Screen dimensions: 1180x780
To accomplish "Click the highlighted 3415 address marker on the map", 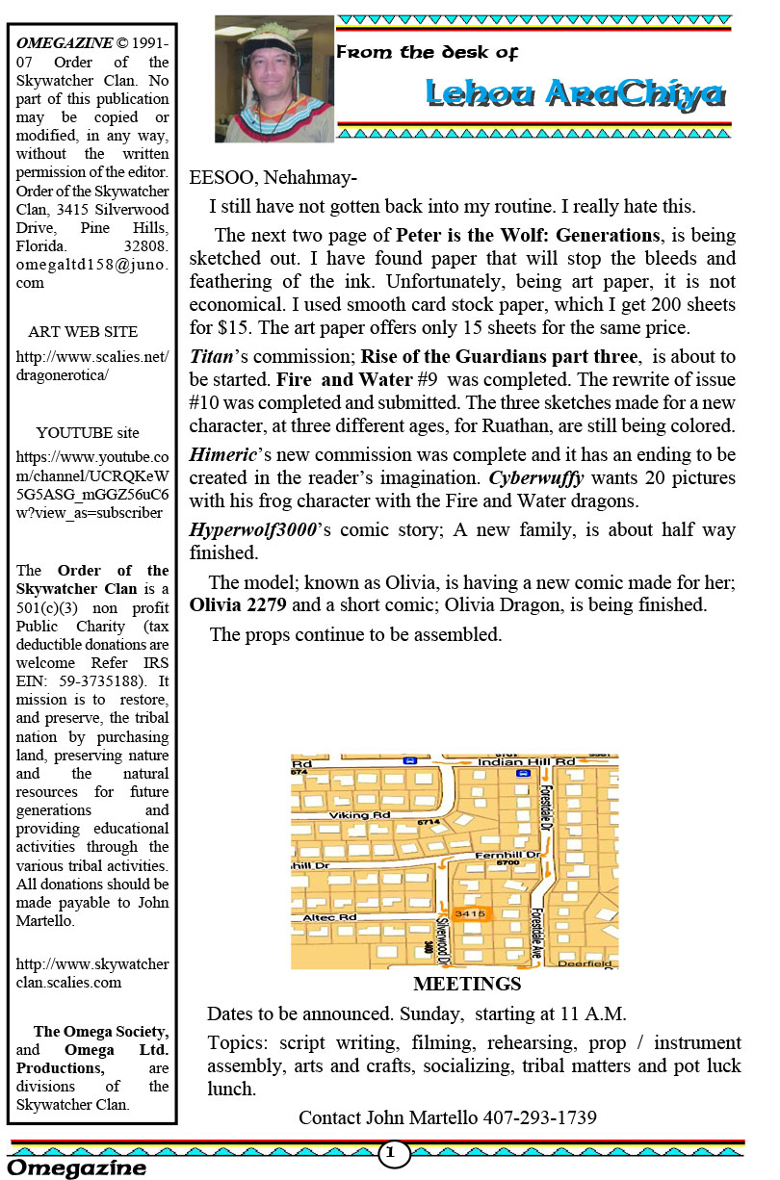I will (x=470, y=913).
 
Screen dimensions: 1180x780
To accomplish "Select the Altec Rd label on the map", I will (x=329, y=918).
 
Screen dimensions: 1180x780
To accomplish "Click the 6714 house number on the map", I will (x=429, y=822).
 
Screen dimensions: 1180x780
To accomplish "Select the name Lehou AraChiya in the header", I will (x=574, y=93).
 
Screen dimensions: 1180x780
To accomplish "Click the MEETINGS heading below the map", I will (x=467, y=984).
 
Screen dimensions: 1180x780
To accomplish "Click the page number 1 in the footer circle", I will (x=393, y=1152).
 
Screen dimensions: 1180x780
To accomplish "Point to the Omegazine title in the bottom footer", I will (x=77, y=1168).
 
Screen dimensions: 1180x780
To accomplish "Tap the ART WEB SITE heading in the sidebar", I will (x=83, y=331).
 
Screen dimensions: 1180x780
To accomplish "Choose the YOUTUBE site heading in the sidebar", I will (x=88, y=432).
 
